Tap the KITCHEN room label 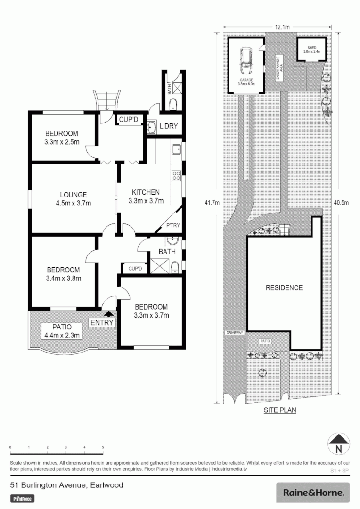[x=146, y=196]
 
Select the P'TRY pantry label [x=173, y=226]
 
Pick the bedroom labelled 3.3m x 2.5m [x=61, y=138]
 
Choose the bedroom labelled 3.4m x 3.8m [x=64, y=274]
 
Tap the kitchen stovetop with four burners [x=177, y=175]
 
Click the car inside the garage [x=245, y=61]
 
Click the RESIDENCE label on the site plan [x=284, y=287]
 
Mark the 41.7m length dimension [x=211, y=203]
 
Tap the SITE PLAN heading [x=280, y=410]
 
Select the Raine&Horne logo [x=312, y=493]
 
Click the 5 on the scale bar [x=103, y=447]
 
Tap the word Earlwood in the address [x=108, y=484]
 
